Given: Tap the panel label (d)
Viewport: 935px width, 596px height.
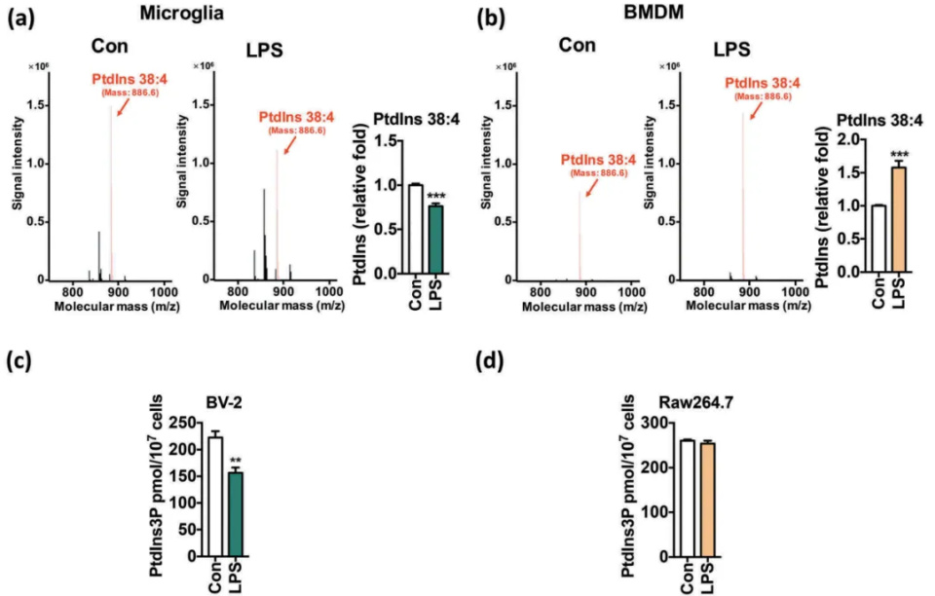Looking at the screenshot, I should click(x=491, y=361).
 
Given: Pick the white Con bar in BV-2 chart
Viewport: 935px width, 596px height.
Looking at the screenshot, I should click(x=214, y=497).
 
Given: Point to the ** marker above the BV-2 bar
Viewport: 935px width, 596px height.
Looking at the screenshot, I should click(x=234, y=461).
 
